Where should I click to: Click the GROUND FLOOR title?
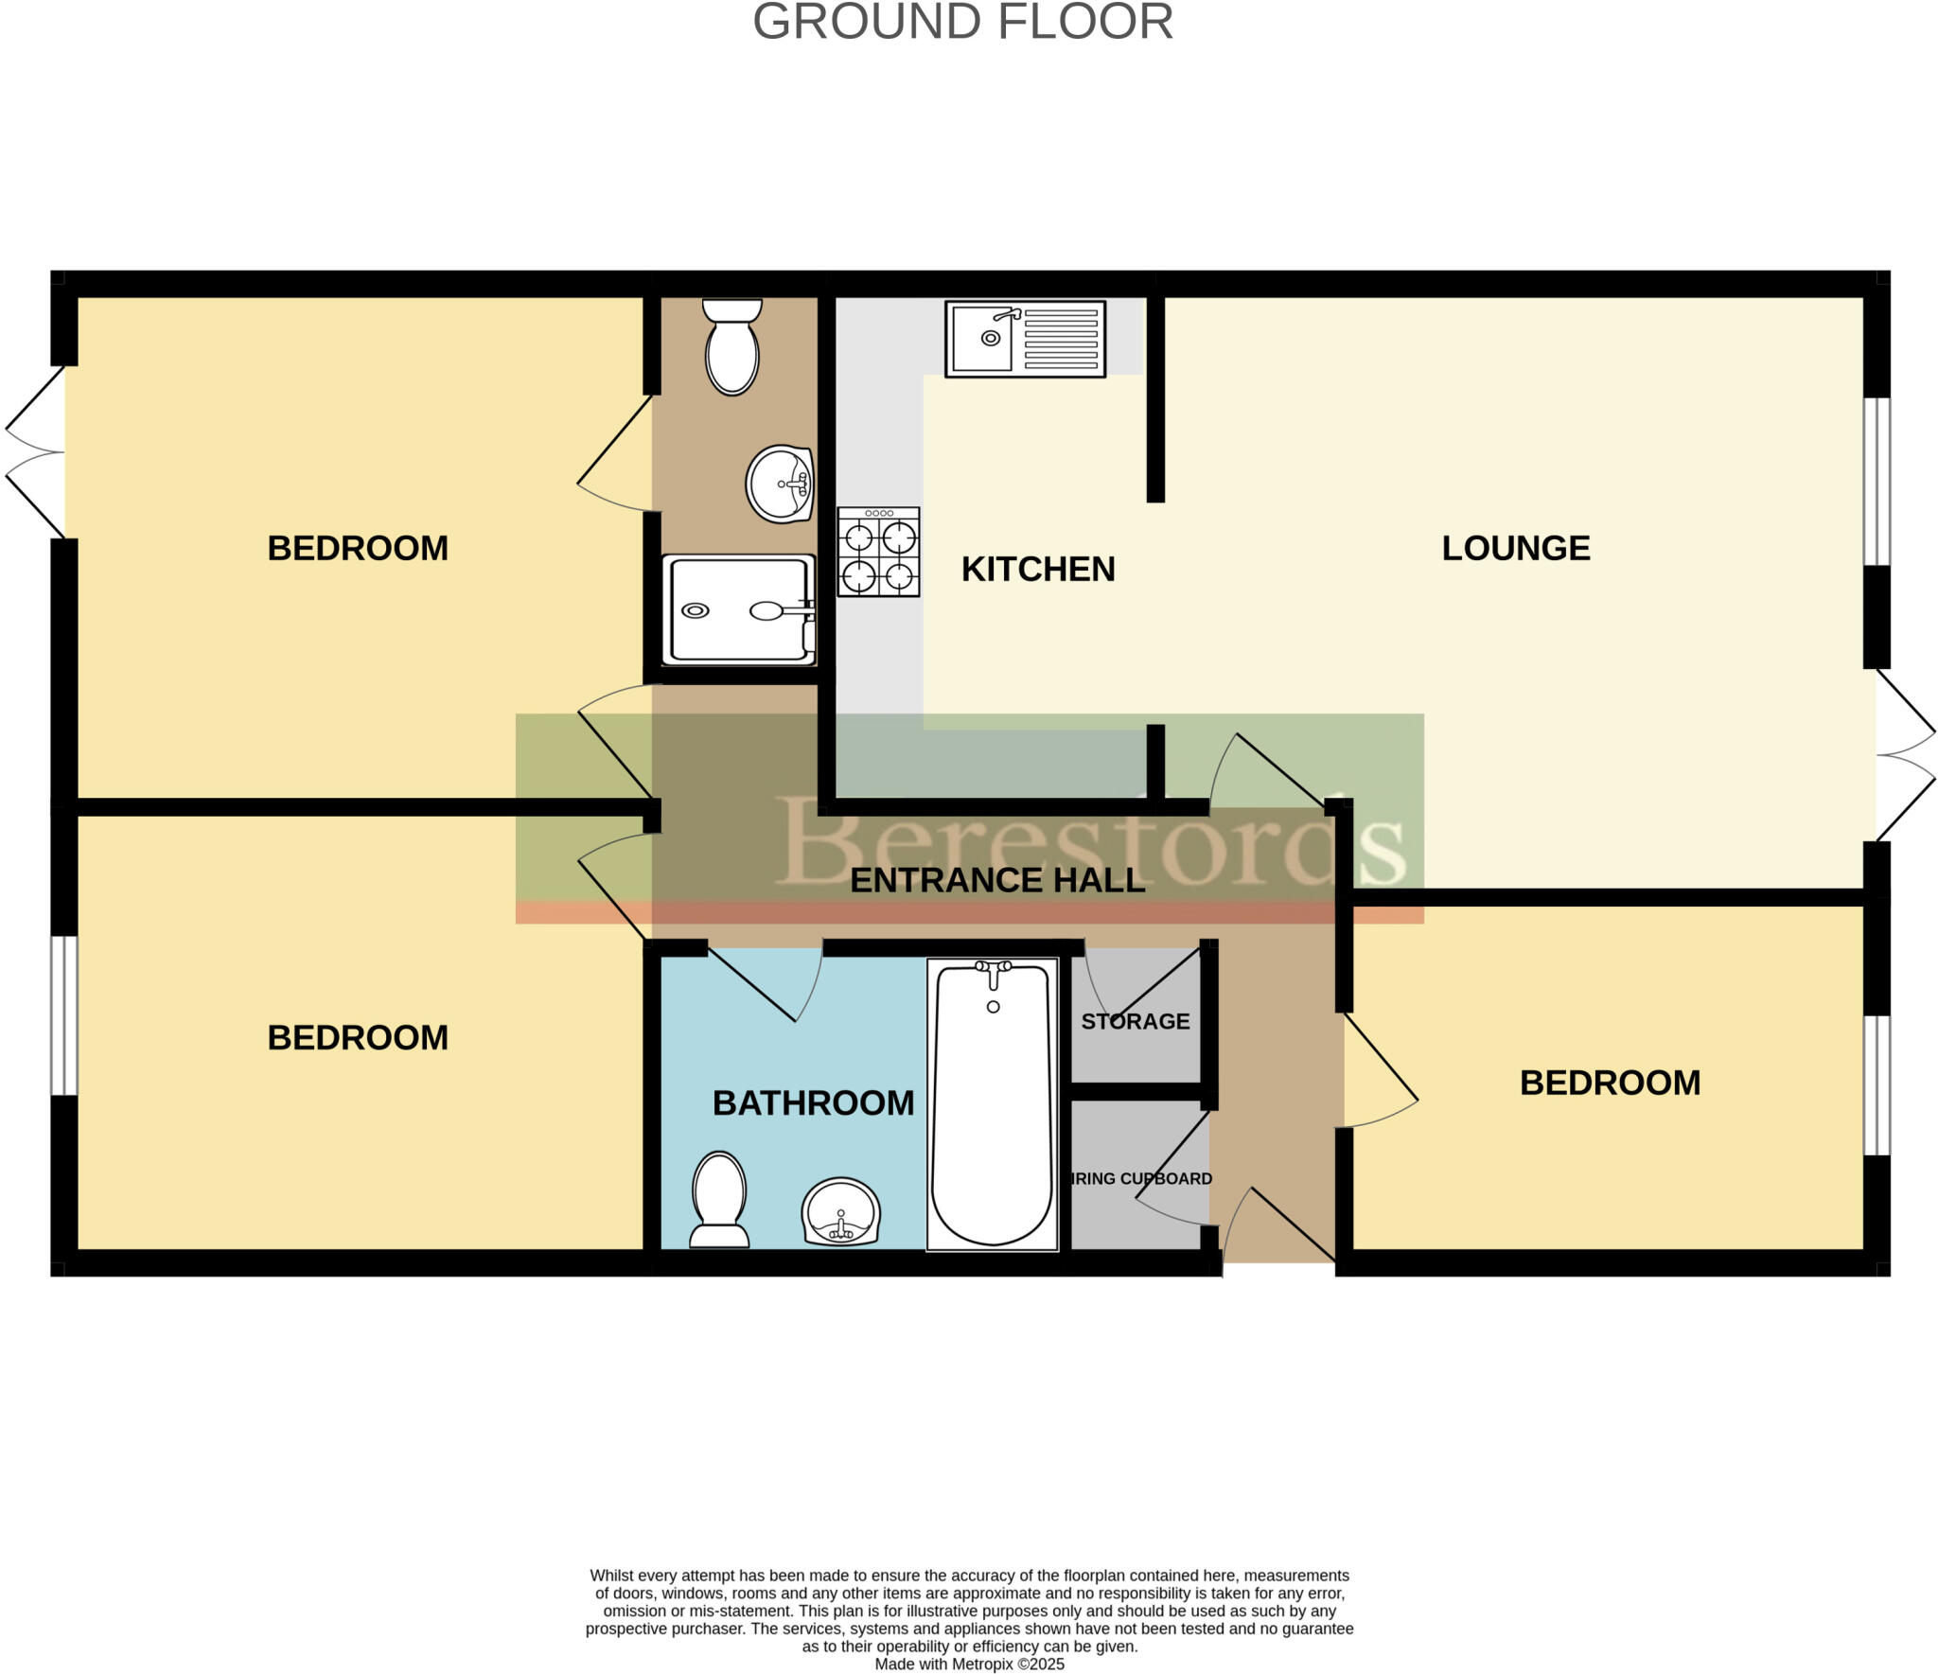(x=962, y=22)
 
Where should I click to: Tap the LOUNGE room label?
(x=1515, y=548)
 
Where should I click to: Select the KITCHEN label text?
(x=1038, y=569)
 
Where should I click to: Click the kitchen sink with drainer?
(x=1025, y=339)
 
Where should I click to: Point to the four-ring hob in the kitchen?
(x=878, y=552)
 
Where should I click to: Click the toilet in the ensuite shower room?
(x=732, y=346)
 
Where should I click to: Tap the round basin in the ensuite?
(x=780, y=484)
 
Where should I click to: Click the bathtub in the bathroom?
(x=993, y=1103)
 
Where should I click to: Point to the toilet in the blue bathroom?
(x=719, y=1199)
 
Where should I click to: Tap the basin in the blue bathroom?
(x=840, y=1212)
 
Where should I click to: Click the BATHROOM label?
(x=813, y=1103)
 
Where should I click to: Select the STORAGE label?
(x=1135, y=1022)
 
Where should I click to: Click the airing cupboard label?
(x=1140, y=1179)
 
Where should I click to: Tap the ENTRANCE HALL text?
(x=997, y=881)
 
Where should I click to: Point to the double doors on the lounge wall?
(x=1904, y=755)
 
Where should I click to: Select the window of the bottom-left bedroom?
(x=64, y=1014)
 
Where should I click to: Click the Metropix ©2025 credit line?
(x=969, y=1664)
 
